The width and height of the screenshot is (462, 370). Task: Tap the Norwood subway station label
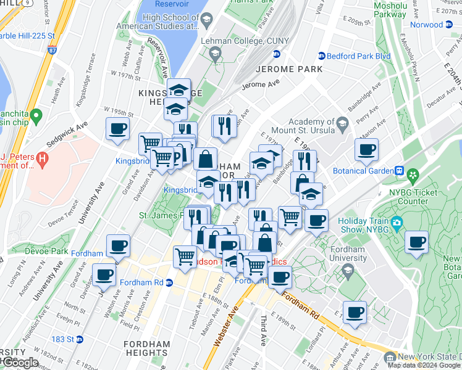coord(426,25)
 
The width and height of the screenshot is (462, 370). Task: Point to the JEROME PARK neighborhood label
coord(289,69)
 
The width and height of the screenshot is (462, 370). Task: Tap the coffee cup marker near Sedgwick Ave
coord(117,129)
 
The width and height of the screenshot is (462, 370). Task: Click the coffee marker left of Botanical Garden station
coord(366,150)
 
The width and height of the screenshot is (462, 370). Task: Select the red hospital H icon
coord(42,159)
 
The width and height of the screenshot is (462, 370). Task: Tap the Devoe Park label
coord(46,251)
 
